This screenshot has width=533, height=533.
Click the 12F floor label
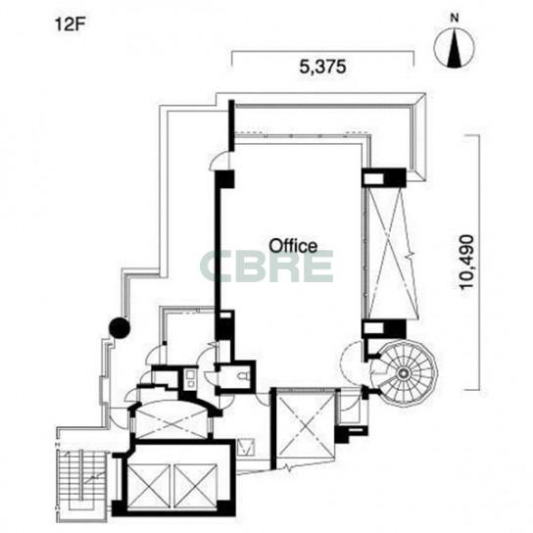70,25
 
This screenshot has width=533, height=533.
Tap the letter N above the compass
455,18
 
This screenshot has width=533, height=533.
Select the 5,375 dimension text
322,67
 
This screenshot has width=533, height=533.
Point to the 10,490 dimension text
466,262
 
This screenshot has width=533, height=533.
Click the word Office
293,245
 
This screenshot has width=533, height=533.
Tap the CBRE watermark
266,266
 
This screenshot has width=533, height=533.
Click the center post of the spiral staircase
403,373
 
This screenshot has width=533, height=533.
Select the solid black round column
120,328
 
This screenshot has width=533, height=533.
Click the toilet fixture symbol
244,375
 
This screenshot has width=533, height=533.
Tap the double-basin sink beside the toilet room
190,379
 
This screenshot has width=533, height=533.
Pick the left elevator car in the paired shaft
148,487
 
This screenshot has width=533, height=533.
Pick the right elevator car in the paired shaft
195,487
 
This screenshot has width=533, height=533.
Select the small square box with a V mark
246,447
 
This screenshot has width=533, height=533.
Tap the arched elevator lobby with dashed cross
172,420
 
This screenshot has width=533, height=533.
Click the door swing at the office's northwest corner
220,160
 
